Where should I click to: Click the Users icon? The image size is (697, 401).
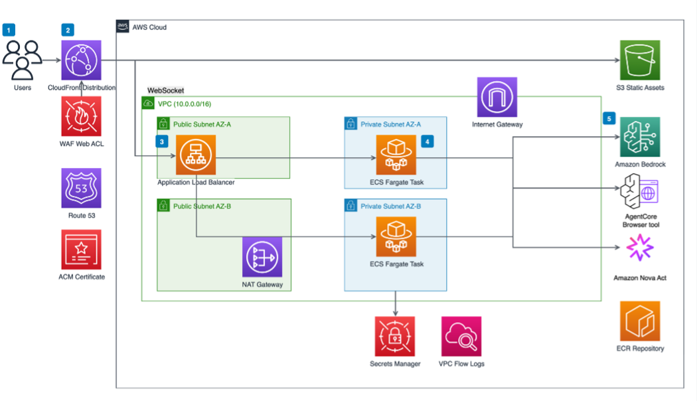pos(22,60)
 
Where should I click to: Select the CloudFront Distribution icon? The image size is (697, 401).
pos(81,60)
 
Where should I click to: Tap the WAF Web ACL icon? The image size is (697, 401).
pos(81,116)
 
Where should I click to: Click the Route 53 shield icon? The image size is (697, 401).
pos(81,188)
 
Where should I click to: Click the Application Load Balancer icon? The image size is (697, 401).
pos(196,155)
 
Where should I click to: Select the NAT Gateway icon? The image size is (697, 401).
pos(262,257)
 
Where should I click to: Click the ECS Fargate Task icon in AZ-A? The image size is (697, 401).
pos(396,155)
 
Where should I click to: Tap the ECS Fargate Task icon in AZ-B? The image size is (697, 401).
pos(396,236)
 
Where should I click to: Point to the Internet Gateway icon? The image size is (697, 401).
pos(497,98)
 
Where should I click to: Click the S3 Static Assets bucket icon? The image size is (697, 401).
pos(640,60)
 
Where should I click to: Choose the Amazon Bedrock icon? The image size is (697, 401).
pos(640,137)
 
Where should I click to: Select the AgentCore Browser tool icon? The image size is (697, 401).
pos(640,193)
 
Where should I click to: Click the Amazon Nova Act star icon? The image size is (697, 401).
pos(640,249)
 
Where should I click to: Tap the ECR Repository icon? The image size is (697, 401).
pos(640,321)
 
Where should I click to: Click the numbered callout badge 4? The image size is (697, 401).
pos(428,141)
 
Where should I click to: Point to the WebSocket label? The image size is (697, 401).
pos(165,90)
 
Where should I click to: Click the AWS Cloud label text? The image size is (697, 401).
pos(149,27)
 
